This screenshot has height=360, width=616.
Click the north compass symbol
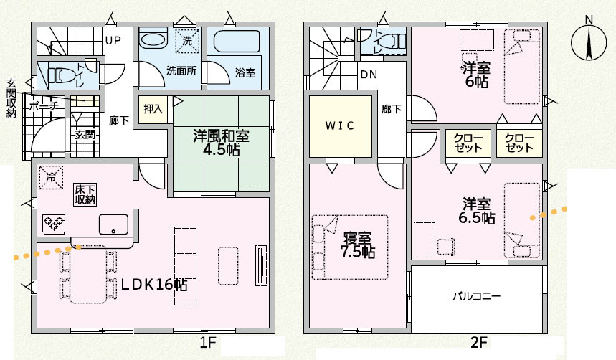[x=588, y=41]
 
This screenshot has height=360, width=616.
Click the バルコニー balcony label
[x=476, y=295]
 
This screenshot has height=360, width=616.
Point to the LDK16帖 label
[x=153, y=285]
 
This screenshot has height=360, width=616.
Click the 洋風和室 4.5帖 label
[x=222, y=142]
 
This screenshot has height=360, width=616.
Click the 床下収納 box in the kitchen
[x=85, y=195]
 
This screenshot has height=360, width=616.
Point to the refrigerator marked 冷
[x=51, y=176]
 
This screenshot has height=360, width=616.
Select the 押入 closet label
[x=153, y=110]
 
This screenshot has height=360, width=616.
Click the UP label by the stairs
[x=113, y=40]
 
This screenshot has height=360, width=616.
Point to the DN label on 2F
[x=369, y=75]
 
